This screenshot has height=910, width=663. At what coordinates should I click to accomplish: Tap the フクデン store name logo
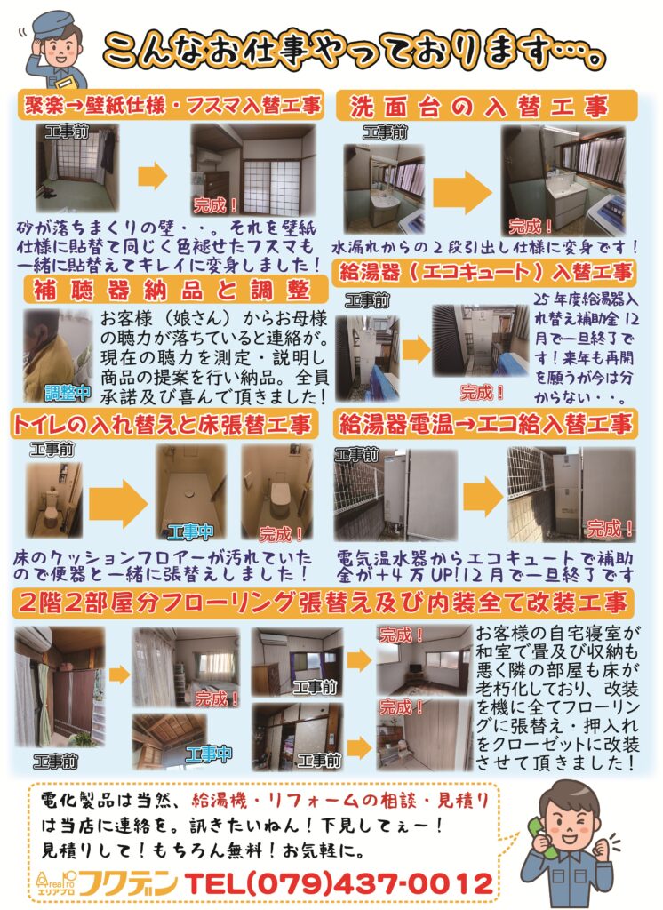coord(128,884)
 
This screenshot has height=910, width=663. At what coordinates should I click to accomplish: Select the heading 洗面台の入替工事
coord(479,108)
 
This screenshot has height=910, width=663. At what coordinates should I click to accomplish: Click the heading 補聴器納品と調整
coord(172,290)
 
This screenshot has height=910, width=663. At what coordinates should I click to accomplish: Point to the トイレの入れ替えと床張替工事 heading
coord(162,425)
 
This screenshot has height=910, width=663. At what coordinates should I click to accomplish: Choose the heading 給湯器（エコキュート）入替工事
coord(486,272)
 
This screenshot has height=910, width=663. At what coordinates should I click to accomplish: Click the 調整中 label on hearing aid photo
coord(68,393)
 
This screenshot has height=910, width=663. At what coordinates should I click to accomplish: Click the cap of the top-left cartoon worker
coord(52,23)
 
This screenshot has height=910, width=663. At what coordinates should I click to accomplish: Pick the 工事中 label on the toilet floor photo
coord(190,531)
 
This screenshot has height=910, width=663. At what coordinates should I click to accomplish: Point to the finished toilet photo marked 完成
coord(277,491)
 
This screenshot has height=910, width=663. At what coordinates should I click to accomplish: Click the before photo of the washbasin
coord(384,188)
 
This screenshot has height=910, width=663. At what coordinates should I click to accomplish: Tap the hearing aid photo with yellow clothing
coord(58,355)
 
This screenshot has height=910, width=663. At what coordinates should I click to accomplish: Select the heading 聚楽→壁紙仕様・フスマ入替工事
coord(172,106)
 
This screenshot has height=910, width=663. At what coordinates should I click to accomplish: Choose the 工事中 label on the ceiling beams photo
coord(209,754)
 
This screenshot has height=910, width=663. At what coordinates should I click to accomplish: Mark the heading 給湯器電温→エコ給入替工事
coord(485,424)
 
